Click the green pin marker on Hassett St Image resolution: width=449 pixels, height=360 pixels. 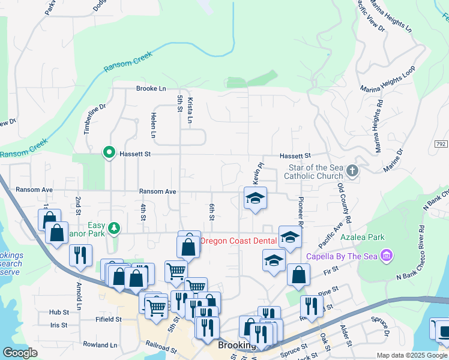click(109, 154)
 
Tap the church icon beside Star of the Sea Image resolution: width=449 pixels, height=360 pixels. click(352, 172)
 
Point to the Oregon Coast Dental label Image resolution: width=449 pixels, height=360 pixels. click(238, 241)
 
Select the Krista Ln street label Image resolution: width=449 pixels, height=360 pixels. click(190, 111)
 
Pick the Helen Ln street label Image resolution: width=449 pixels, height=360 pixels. click(154, 125)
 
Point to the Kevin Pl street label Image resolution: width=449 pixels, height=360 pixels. click(257, 174)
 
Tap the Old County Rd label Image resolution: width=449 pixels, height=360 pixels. click(342, 208)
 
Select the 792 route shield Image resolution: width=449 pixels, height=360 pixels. click(441, 144)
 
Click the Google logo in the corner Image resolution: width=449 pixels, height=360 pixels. click(20, 352)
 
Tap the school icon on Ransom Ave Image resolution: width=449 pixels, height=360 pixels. click(255, 199)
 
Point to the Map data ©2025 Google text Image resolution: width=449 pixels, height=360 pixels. click(412, 355)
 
